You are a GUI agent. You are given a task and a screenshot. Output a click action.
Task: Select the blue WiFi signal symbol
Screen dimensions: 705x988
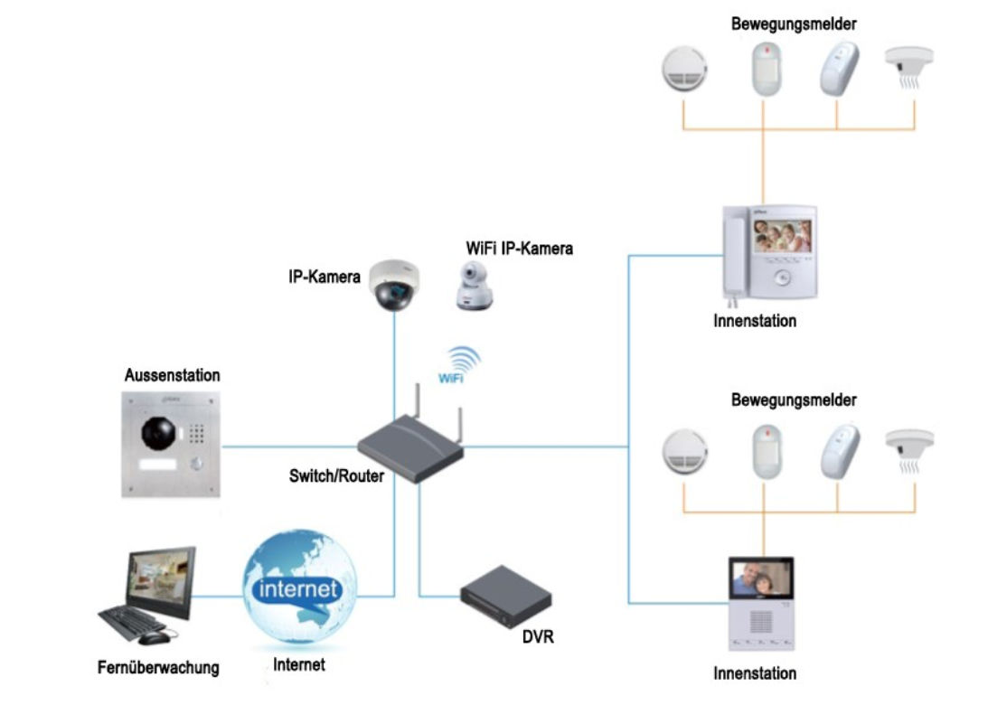456,363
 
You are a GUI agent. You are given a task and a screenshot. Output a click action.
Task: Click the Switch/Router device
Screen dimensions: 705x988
410,446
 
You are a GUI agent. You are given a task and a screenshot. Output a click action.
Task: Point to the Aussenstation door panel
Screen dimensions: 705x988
172,443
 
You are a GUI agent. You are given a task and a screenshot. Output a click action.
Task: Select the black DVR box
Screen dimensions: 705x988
505,596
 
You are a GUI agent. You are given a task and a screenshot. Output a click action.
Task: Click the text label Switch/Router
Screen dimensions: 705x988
336,476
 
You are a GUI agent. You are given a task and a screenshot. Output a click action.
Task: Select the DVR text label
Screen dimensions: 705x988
537,638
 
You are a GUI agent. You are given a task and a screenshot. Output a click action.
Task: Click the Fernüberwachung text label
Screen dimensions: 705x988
158,669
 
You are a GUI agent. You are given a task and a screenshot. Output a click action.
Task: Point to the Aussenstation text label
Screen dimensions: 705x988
172,375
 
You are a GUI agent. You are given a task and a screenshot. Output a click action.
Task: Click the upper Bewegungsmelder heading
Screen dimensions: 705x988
794,23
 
